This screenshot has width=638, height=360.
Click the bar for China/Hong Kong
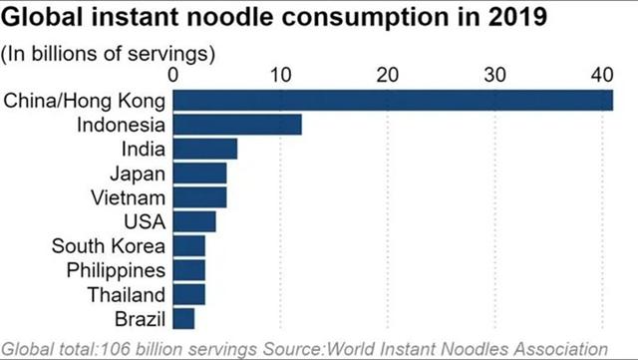coord(393,100)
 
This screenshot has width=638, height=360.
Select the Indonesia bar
coord(237,125)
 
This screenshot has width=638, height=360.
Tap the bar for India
coord(205,149)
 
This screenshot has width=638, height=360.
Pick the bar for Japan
coord(199,174)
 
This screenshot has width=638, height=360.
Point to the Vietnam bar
coord(199,197)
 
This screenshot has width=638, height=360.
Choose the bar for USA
coord(194,221)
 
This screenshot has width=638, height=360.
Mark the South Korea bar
coord(188,245)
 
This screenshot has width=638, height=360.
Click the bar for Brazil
coord(183,318)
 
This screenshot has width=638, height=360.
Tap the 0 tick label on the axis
coord(172,75)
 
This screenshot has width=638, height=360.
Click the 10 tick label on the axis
coord(280,75)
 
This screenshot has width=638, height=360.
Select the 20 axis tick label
coord(388,75)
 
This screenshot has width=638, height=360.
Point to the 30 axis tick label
coord(494,75)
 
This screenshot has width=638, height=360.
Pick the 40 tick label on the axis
coord(602,75)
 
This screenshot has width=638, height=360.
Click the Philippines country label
coord(116,271)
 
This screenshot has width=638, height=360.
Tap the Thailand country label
coord(127,295)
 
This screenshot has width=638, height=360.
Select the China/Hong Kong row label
coord(85,101)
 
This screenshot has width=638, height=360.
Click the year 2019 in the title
coord(517,17)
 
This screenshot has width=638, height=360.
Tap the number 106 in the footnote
coord(116,349)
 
